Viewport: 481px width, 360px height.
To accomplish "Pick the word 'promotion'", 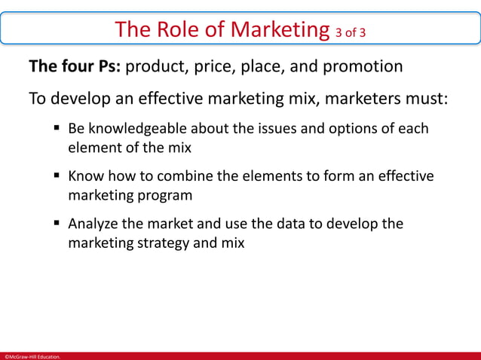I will (x=363, y=67).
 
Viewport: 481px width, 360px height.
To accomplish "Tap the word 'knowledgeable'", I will (x=138, y=128).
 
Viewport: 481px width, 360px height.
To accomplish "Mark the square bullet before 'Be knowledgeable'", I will (x=57, y=128).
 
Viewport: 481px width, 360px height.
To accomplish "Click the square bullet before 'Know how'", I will (x=57, y=176).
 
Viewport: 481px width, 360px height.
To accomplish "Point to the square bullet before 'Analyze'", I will (x=57, y=224).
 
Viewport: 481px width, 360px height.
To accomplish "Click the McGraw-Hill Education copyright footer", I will (x=31, y=355).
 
